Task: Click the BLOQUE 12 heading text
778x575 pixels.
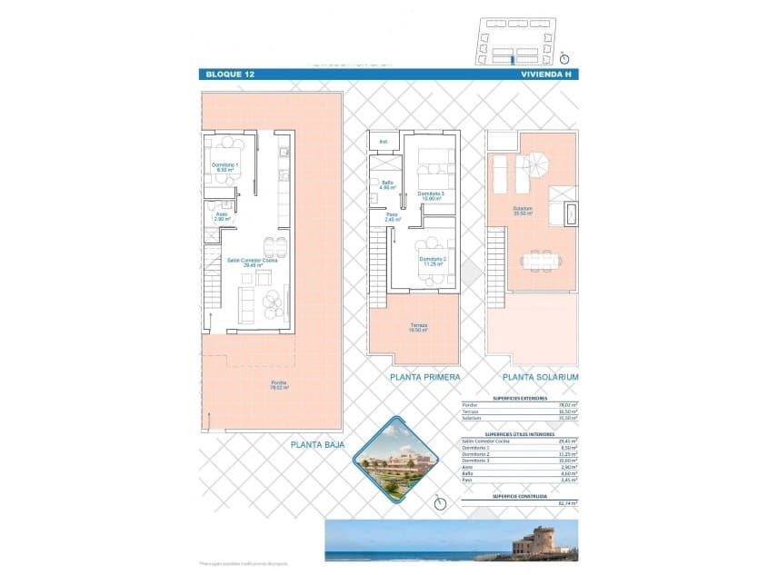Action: [230, 74]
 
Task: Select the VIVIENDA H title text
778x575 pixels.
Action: [546, 74]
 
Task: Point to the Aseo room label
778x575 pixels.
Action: [222, 217]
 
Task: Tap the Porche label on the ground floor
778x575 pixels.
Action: [278, 384]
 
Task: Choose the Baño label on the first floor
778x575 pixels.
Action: [387, 185]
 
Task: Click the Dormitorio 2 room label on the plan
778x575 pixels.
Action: [433, 261]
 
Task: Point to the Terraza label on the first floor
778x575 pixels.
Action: [418, 327]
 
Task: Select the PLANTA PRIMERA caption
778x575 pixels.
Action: [424, 376]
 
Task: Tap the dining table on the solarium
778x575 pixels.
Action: [540, 261]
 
